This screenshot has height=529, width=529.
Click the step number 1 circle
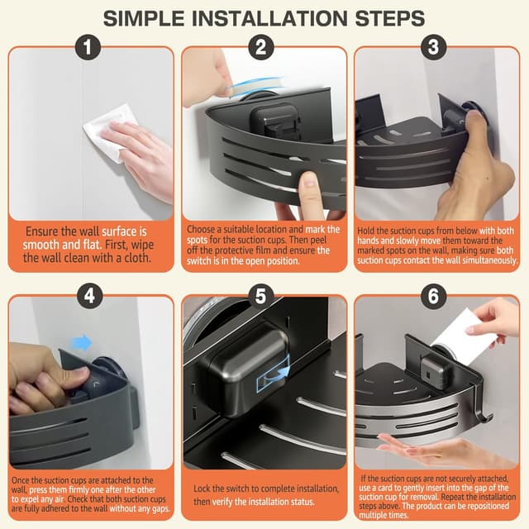[x=88, y=47]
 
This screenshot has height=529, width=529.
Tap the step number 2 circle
[x=261, y=47]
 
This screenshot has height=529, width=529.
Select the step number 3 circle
[x=433, y=47]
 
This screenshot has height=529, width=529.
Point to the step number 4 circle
[x=89, y=296]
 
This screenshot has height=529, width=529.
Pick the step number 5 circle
[x=261, y=296]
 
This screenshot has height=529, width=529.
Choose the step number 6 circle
[x=433, y=296]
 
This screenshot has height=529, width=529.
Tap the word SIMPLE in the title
[x=144, y=18]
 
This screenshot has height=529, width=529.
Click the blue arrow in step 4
[x=82, y=343]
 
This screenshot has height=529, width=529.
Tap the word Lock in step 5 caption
[x=201, y=488]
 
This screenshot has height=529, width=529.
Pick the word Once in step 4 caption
[x=20, y=480]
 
